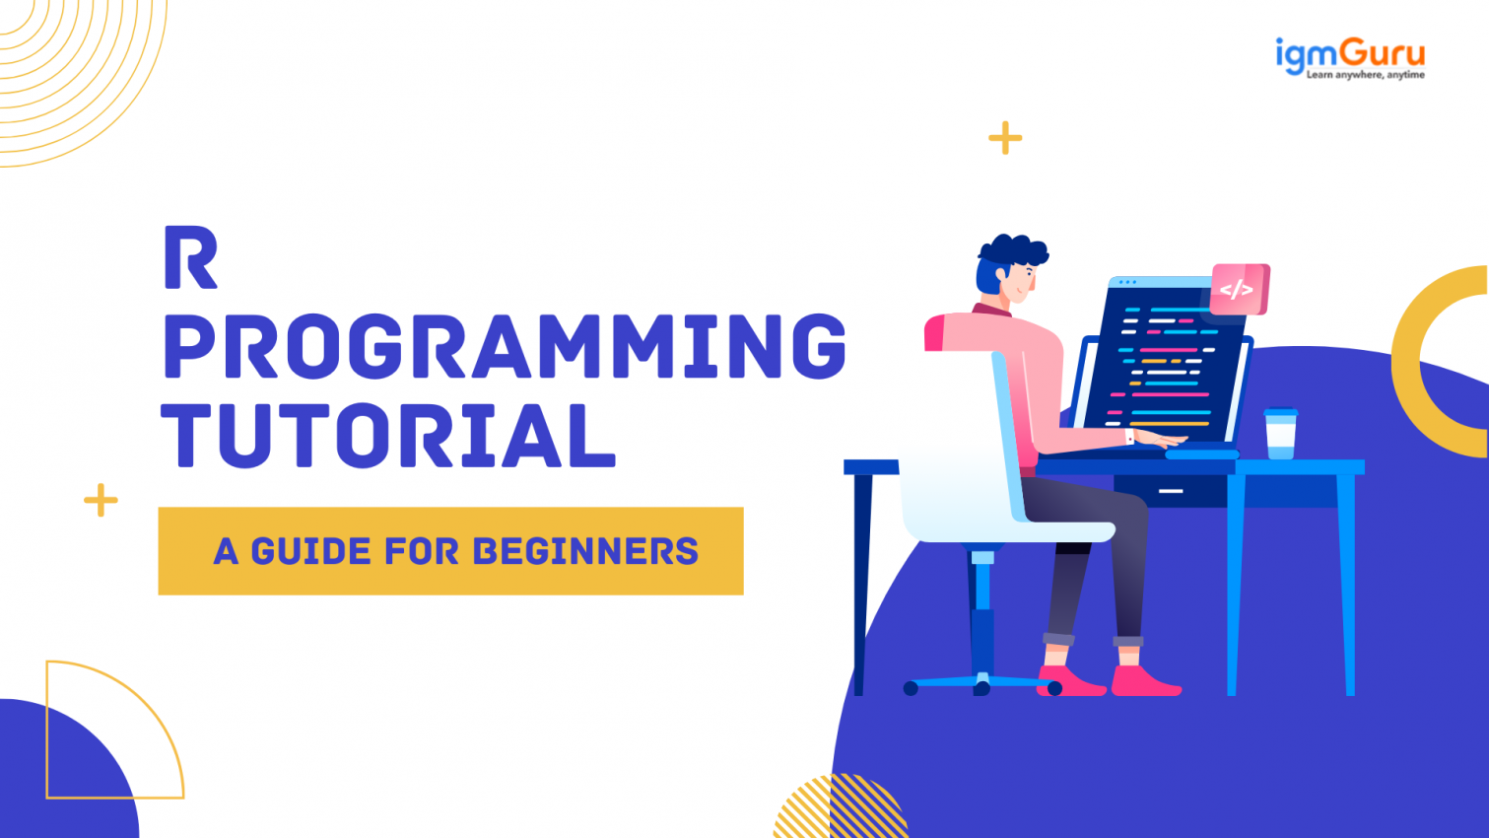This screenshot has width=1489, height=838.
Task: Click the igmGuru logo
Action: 1349,57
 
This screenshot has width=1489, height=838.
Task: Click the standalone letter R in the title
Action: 189,258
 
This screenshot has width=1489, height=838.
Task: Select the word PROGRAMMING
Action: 505,347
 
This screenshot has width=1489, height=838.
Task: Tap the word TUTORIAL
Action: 388,435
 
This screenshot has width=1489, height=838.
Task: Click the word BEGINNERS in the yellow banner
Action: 585,551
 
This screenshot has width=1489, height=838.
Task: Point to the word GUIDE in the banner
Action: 311,551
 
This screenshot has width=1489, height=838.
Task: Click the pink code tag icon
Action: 1239,289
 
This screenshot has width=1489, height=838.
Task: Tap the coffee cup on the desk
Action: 1280,434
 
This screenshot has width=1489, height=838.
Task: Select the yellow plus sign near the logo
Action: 1005,138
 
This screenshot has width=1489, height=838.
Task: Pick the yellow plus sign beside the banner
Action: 101,501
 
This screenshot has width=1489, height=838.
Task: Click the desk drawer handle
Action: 1170,490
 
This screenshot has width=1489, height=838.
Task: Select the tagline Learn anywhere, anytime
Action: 1365,75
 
